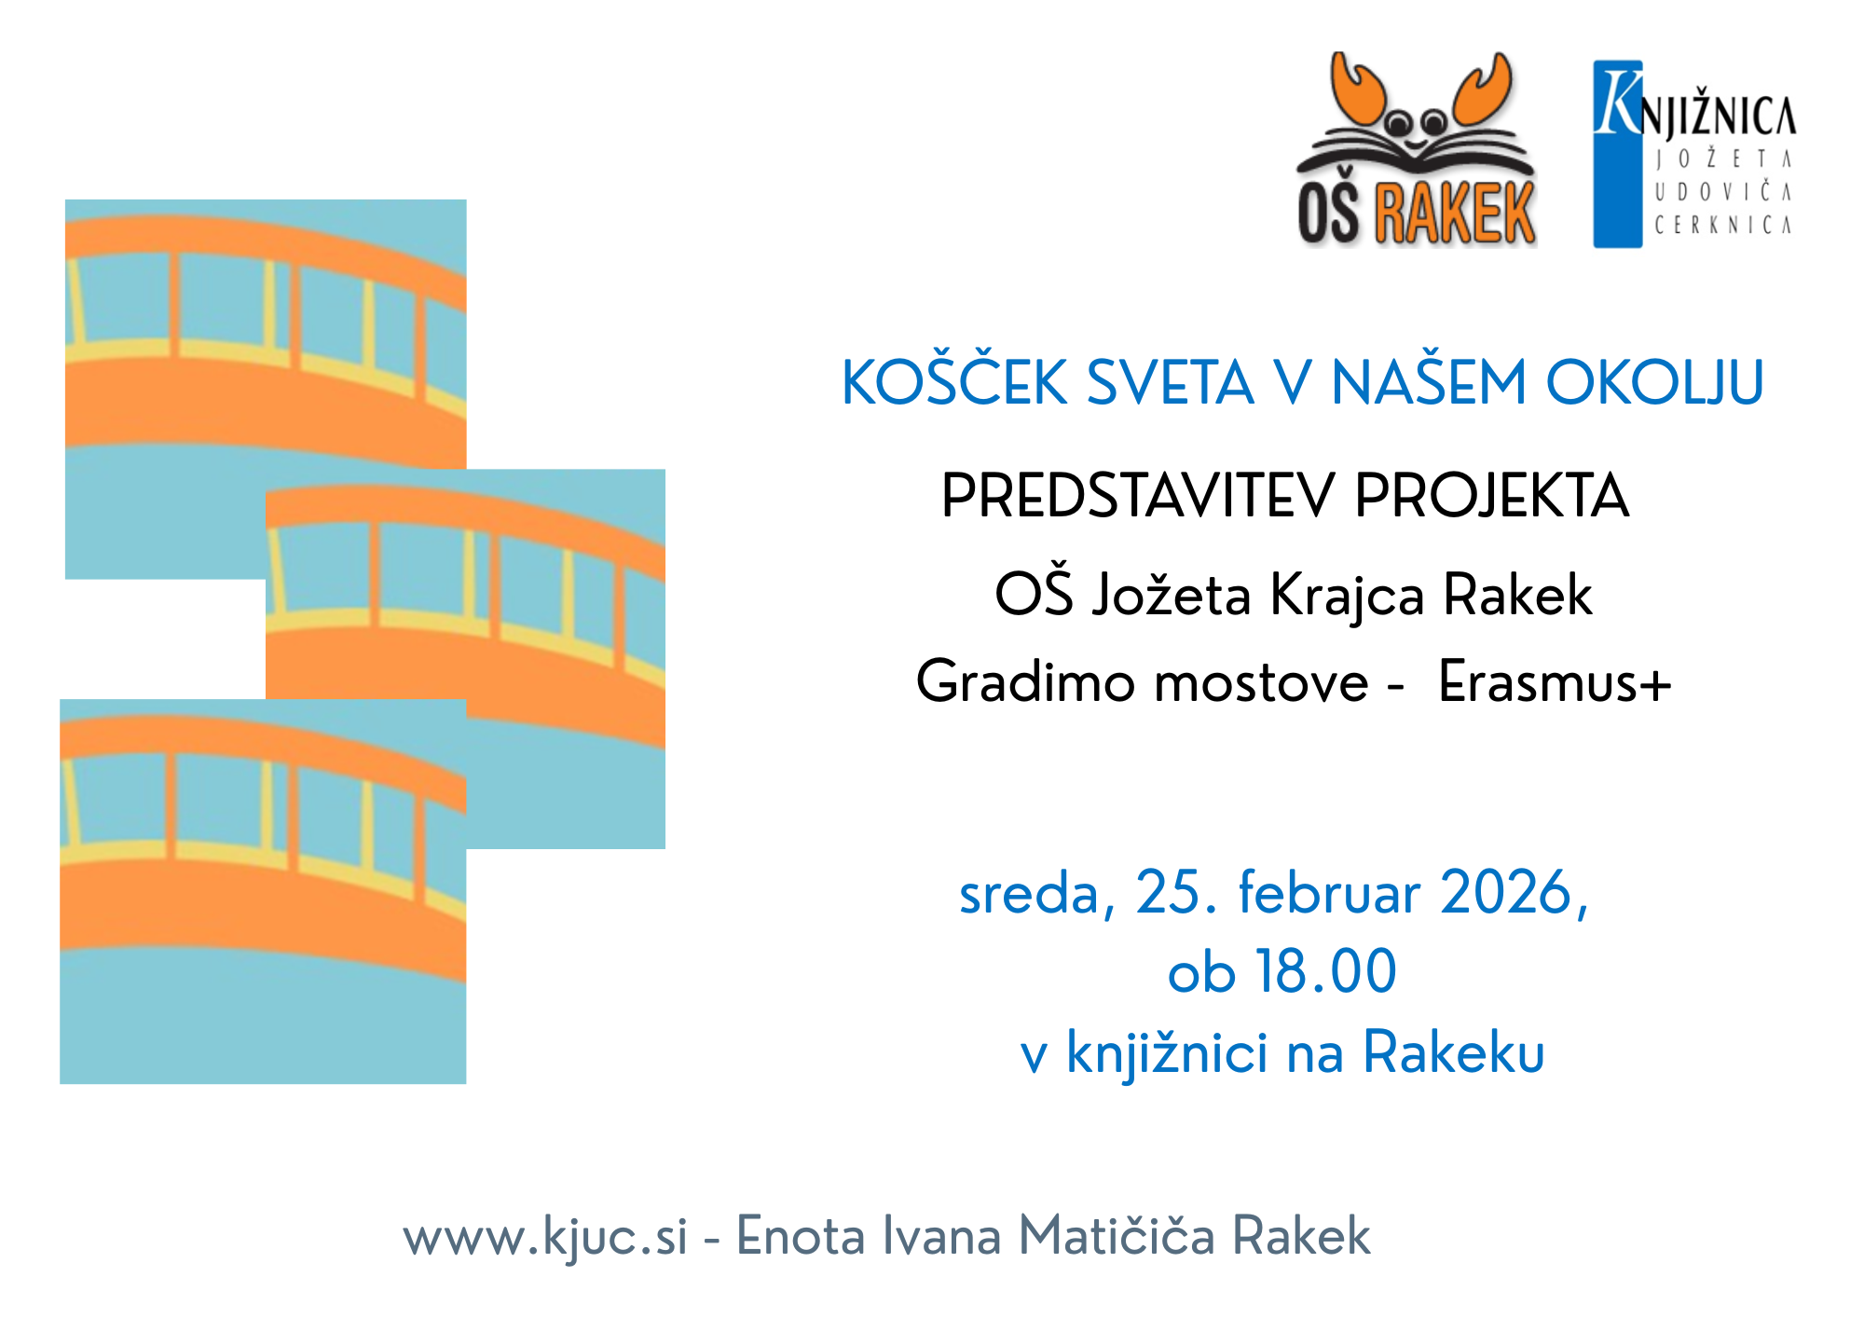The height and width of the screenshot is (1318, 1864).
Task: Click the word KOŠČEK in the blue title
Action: [x=954, y=383]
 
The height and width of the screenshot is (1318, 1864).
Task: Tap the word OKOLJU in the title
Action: [x=1655, y=383]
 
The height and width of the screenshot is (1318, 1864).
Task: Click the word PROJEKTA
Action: [x=1491, y=496]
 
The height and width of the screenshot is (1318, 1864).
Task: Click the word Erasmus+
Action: [x=1555, y=682]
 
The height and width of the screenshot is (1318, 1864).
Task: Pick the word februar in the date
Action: [x=1329, y=893]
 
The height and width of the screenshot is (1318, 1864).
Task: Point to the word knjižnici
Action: [x=1167, y=1054]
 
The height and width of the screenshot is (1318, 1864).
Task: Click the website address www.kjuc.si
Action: [x=545, y=1238]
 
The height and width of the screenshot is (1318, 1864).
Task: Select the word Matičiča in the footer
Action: [x=1116, y=1237]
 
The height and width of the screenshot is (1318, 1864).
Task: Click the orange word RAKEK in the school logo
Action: [x=1455, y=213]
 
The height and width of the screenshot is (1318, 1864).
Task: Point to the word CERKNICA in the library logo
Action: [x=1722, y=225]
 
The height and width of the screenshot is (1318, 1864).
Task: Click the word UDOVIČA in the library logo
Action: [x=1722, y=192]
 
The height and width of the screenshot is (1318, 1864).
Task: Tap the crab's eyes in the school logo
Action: [x=1416, y=120]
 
